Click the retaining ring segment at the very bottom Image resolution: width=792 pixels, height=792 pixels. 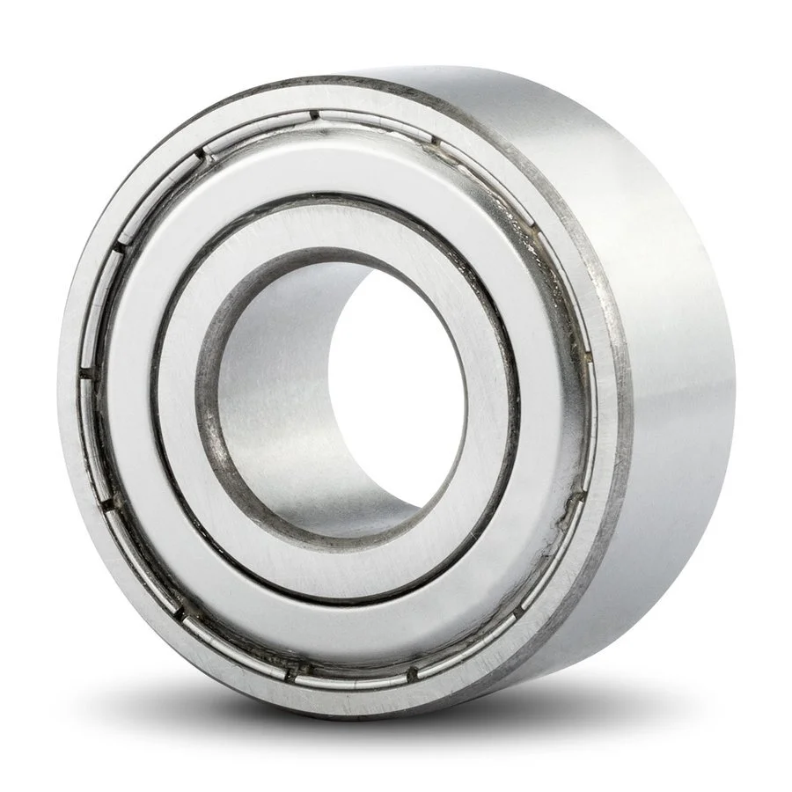352,683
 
